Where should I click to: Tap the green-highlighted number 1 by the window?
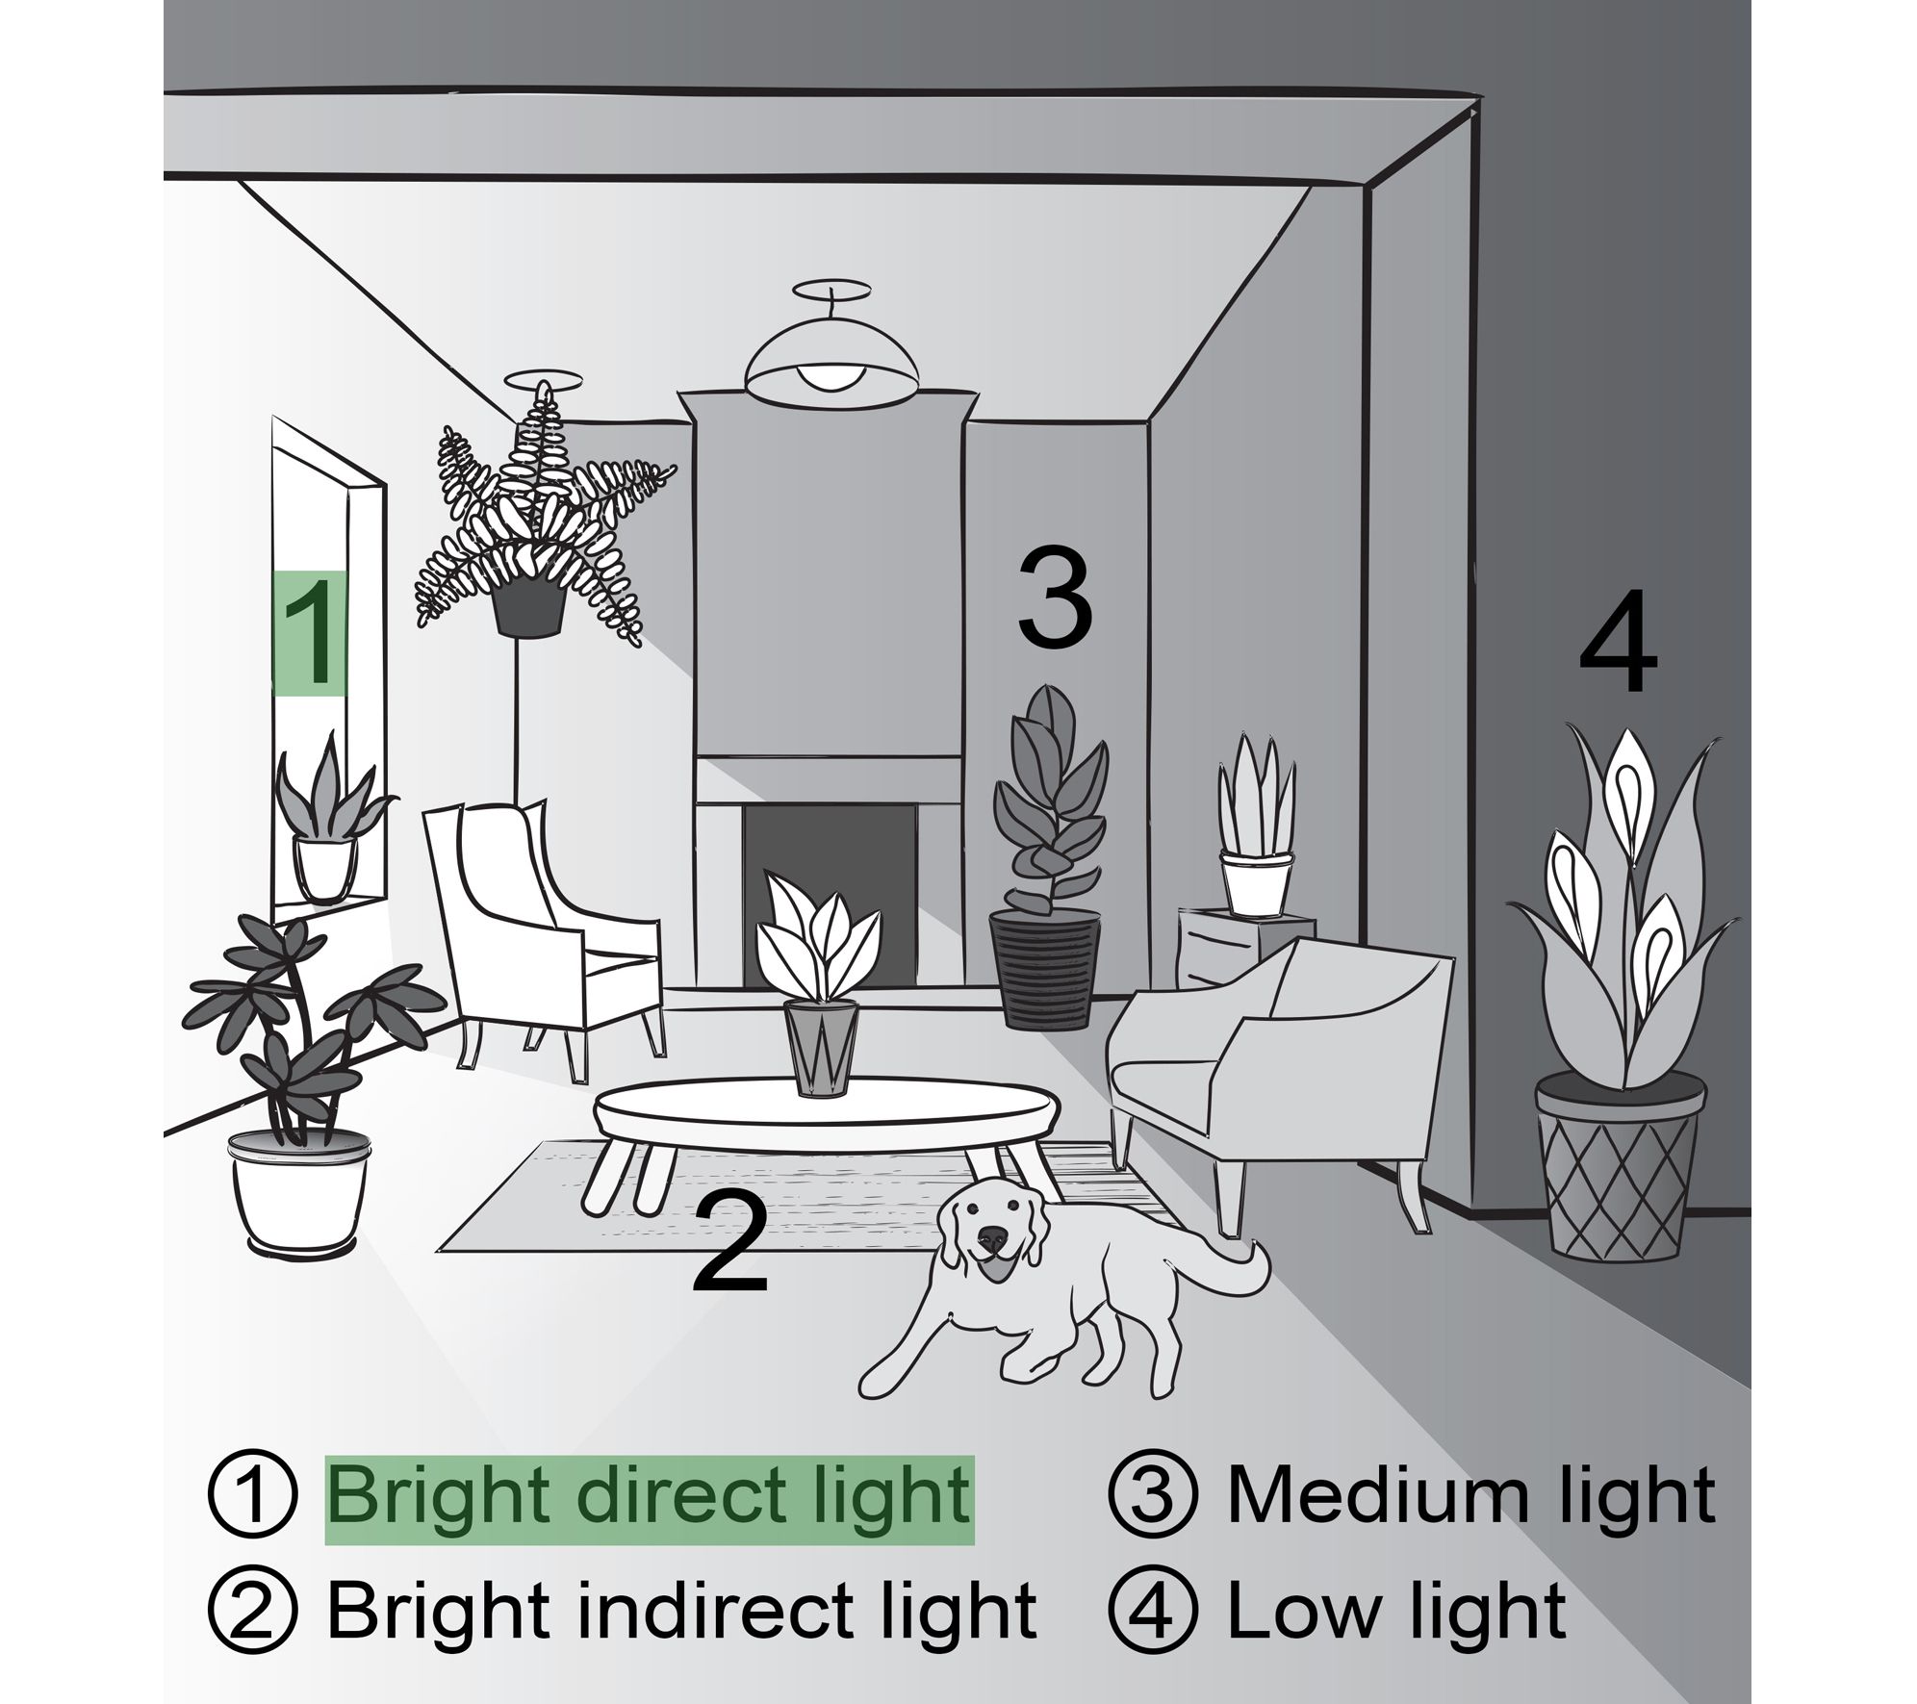(x=310, y=632)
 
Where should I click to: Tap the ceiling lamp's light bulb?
(x=831, y=375)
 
